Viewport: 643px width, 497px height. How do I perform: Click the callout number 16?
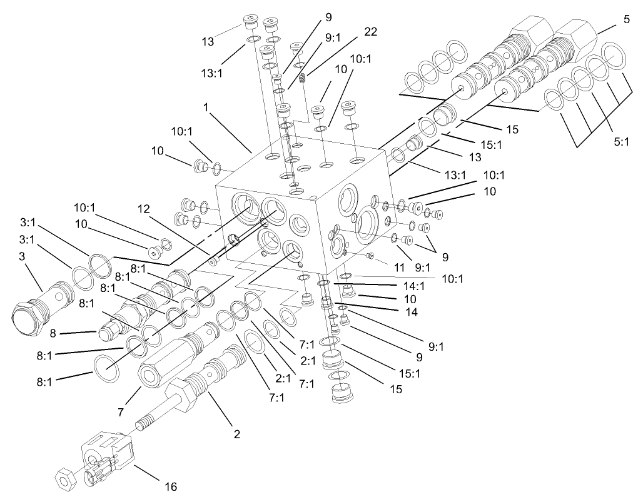[171, 486]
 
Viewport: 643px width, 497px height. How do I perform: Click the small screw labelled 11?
[370, 255]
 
